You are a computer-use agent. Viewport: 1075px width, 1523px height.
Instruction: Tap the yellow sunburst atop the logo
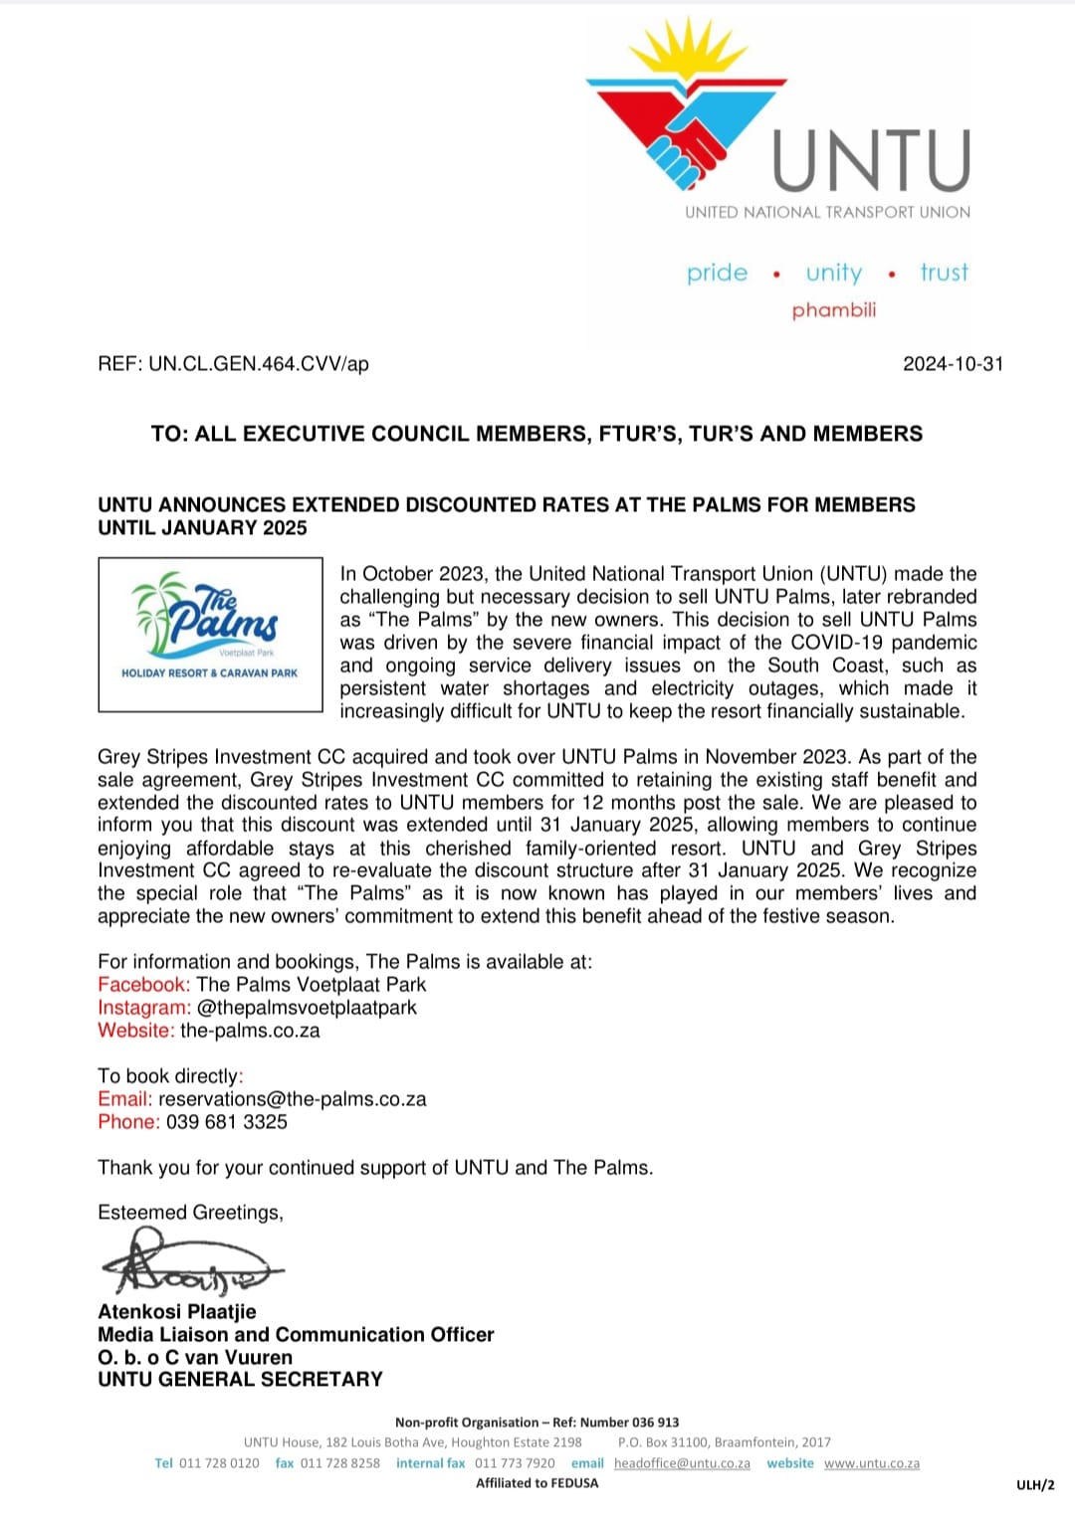click(x=686, y=51)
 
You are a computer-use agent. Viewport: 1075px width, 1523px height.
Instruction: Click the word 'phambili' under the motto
click(x=834, y=310)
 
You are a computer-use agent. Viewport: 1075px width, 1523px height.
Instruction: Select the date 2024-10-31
click(x=953, y=364)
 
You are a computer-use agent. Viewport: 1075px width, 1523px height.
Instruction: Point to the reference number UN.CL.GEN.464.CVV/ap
click(x=259, y=364)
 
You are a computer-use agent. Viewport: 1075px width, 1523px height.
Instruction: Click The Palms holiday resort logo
click(x=210, y=634)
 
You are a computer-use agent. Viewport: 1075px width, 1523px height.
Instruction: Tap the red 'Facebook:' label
click(x=143, y=985)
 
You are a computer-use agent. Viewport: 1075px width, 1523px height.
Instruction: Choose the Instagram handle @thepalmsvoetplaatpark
click(x=307, y=1008)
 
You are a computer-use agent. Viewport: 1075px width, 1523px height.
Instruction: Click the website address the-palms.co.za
click(x=250, y=1031)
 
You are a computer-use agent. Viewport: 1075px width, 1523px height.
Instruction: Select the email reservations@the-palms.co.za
click(x=292, y=1099)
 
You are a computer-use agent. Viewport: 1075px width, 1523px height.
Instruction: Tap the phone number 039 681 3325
click(x=226, y=1122)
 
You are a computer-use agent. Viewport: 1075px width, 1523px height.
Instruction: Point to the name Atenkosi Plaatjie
click(x=177, y=1312)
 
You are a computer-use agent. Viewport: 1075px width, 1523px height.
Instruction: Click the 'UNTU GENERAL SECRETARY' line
click(x=240, y=1380)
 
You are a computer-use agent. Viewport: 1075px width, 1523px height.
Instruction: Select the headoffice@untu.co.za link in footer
click(x=682, y=1463)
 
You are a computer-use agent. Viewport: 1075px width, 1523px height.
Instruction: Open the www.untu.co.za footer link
click(x=871, y=1463)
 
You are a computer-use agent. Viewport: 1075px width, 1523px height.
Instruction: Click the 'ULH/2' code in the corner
click(x=1034, y=1485)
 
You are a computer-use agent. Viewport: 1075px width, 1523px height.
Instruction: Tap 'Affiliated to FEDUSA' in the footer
click(x=537, y=1483)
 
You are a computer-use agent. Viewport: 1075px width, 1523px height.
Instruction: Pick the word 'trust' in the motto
click(x=944, y=273)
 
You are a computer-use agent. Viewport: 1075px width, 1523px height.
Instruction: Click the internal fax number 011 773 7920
click(x=515, y=1463)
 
